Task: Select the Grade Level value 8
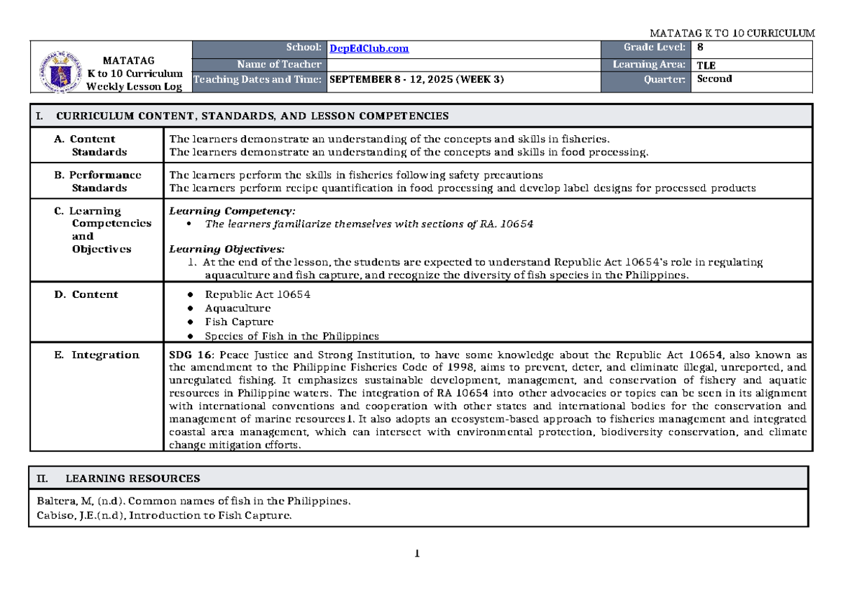[699, 48]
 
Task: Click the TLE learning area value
[706, 65]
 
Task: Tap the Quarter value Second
[714, 79]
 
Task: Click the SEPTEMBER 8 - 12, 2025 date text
[416, 80]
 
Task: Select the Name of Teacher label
[280, 64]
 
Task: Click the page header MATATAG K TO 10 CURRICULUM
[732, 33]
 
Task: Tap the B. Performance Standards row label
[98, 182]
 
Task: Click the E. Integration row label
[97, 355]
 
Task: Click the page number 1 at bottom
[418, 555]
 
